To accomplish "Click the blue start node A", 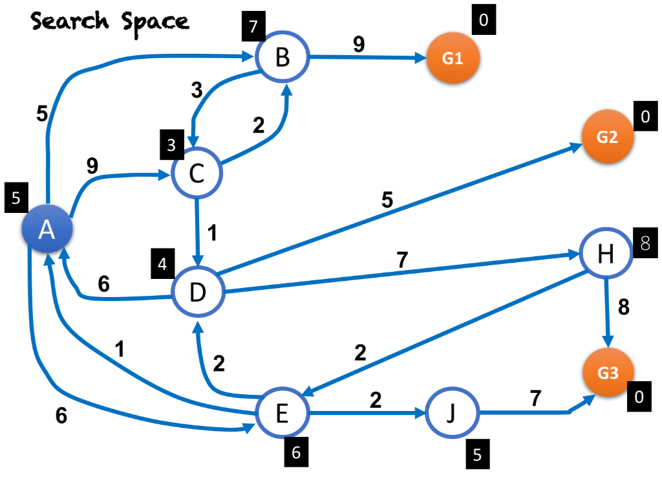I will pyautogui.click(x=47, y=230).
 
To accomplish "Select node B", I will pyautogui.click(x=283, y=57).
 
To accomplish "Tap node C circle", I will pyautogui.click(x=197, y=173).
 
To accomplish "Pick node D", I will pyautogui.click(x=197, y=293).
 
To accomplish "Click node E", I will pyautogui.click(x=282, y=414).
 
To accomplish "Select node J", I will pyautogui.click(x=451, y=413).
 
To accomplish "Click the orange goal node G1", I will pyautogui.click(x=453, y=58).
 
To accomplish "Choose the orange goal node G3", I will pyautogui.click(x=608, y=374).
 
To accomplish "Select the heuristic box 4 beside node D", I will pyautogui.click(x=163, y=264).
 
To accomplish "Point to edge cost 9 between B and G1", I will pyautogui.click(x=358, y=44).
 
